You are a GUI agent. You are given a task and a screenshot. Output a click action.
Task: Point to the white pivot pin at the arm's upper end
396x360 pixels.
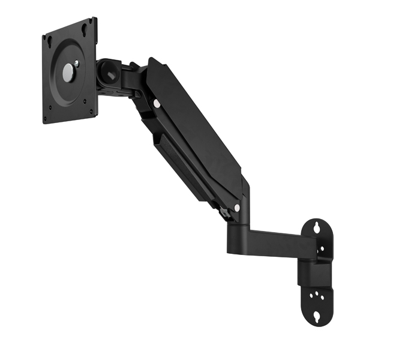157,103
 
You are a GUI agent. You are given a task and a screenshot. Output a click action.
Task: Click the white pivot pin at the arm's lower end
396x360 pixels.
237,208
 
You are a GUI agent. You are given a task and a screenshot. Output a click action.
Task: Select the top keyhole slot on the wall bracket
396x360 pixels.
317,227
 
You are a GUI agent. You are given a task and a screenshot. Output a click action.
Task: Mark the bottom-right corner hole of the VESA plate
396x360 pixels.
91,110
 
